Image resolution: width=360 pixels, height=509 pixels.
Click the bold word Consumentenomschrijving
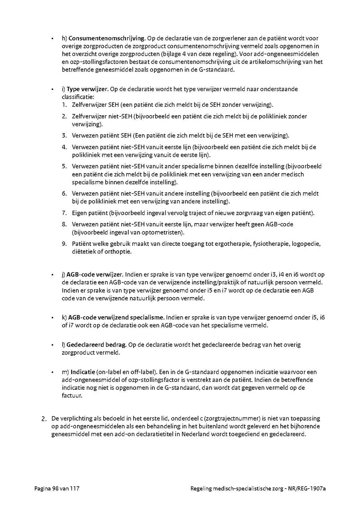point(106,39)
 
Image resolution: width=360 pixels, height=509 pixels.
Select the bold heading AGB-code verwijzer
point(95,275)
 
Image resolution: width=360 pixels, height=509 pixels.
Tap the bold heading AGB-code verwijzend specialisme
point(116,317)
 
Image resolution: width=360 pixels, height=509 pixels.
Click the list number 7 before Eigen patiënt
point(64,213)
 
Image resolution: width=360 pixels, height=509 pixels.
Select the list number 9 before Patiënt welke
point(64,244)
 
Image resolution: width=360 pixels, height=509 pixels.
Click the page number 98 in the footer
point(56,489)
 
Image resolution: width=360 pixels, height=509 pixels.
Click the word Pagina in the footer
point(42,489)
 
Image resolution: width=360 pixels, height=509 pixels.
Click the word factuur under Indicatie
point(72,395)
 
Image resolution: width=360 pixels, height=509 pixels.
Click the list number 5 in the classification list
point(64,166)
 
